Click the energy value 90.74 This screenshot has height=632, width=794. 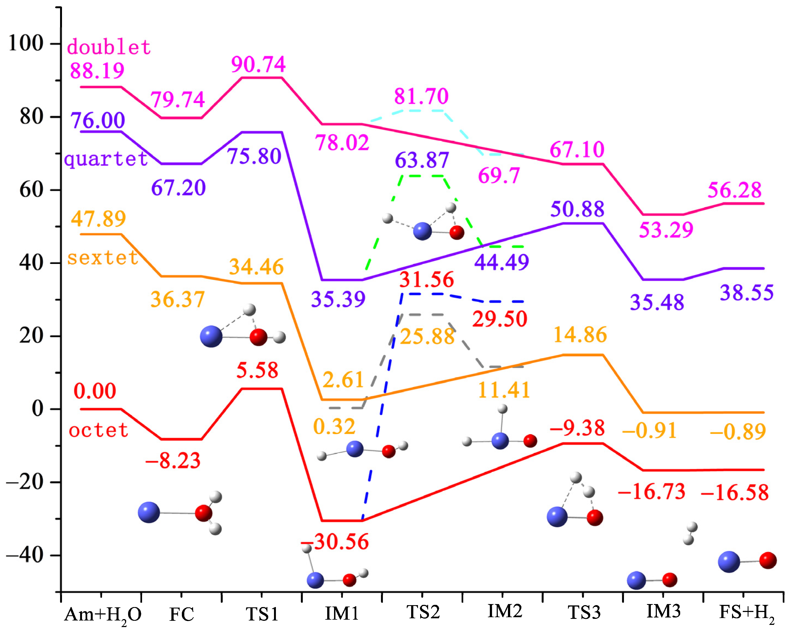258,64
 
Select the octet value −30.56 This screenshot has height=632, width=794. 334,542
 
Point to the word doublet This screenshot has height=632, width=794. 109,47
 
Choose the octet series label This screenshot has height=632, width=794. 98,430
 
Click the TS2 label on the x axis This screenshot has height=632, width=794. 423,612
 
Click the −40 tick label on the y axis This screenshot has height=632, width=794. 25,555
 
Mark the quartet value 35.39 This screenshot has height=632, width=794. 338,299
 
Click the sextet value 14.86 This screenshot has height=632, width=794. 580,335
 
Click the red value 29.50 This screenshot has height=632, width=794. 500,319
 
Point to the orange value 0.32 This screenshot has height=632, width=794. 334,427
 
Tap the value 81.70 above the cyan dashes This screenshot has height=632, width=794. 421,96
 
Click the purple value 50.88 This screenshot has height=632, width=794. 577,209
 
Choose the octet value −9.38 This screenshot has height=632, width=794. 577,428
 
